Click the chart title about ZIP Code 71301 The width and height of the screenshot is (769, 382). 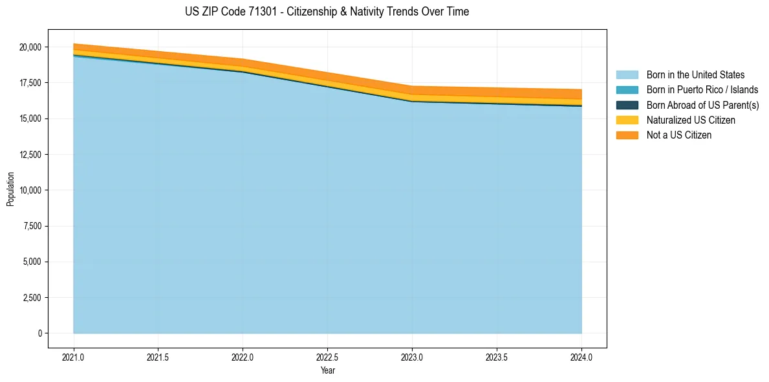(327, 12)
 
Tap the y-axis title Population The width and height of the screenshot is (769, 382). (10, 189)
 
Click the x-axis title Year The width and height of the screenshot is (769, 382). (327, 370)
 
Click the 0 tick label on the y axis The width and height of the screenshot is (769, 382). (39, 333)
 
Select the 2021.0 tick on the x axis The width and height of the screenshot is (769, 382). (74, 357)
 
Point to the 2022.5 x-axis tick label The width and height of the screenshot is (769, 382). (327, 357)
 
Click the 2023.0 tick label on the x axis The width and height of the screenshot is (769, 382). (412, 357)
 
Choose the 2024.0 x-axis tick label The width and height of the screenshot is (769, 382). (581, 357)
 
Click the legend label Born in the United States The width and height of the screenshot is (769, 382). (695, 75)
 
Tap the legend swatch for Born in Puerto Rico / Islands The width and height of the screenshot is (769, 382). (627, 90)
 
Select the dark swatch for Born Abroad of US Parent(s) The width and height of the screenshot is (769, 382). (627, 105)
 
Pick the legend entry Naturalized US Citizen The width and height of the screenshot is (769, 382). (691, 120)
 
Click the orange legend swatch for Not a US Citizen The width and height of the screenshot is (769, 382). (627, 135)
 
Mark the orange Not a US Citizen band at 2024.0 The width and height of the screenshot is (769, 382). (580, 94)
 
